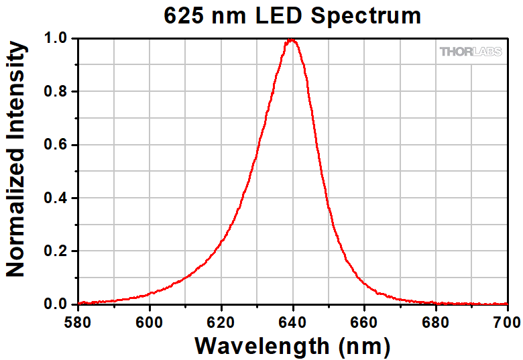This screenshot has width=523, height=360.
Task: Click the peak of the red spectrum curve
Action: click(292, 40)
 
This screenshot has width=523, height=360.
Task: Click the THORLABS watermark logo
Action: click(470, 52)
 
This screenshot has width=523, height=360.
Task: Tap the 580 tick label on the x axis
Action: click(78, 320)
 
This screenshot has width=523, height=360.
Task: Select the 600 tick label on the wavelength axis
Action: click(150, 320)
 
